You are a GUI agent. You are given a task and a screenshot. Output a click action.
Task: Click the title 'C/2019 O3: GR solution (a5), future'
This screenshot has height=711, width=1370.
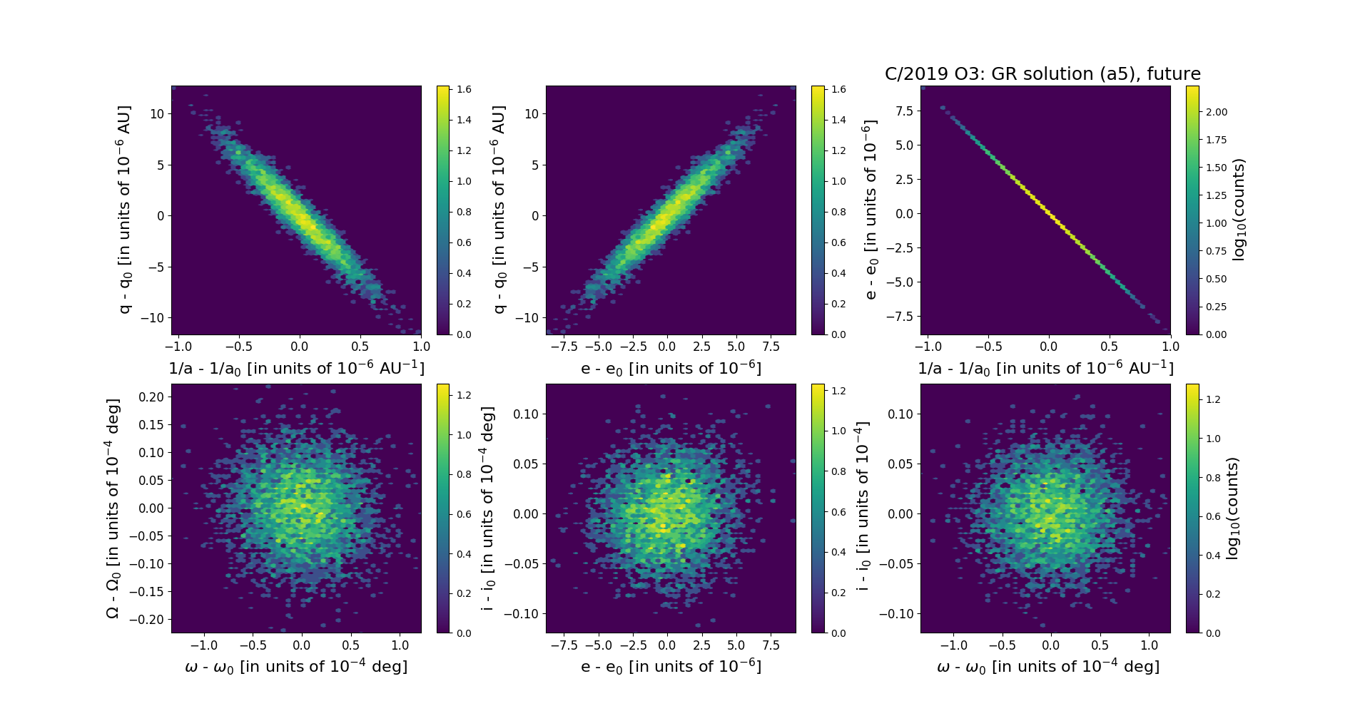(1042, 74)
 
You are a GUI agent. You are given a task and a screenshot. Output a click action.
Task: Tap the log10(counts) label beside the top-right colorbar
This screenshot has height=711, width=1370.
(1239, 210)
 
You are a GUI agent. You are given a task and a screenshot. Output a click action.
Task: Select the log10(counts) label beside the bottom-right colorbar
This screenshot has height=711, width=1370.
(1232, 508)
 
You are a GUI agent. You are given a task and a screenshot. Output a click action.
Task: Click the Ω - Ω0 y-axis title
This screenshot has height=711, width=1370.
(113, 508)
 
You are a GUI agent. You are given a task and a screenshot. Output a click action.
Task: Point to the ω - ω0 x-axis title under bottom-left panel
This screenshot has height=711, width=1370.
(296, 667)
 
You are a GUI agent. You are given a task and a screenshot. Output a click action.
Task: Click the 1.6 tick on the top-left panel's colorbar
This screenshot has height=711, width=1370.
(465, 89)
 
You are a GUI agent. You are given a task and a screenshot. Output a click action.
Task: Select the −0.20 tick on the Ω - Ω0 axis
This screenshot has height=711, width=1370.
(146, 619)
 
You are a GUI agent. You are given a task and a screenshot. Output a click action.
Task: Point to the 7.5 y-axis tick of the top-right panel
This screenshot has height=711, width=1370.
(904, 111)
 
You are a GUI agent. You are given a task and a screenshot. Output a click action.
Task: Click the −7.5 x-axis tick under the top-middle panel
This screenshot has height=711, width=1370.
(565, 347)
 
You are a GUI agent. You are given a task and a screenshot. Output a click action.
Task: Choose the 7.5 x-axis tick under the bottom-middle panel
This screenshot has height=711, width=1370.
(771, 645)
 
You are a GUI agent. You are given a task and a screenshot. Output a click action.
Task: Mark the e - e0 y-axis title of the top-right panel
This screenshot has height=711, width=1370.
(870, 210)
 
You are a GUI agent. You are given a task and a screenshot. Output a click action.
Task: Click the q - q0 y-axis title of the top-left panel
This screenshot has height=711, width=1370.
(125, 210)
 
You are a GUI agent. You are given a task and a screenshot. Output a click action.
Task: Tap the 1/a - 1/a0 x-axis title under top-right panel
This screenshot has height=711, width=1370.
(1045, 369)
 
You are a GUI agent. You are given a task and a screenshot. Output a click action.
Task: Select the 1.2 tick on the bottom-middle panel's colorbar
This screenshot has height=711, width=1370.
(839, 391)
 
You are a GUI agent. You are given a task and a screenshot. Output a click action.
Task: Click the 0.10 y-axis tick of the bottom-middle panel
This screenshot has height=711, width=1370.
(525, 414)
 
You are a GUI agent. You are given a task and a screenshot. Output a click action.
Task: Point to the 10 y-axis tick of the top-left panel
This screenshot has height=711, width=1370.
(156, 113)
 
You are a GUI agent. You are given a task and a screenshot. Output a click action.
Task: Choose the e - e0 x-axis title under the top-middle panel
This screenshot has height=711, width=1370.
(671, 369)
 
